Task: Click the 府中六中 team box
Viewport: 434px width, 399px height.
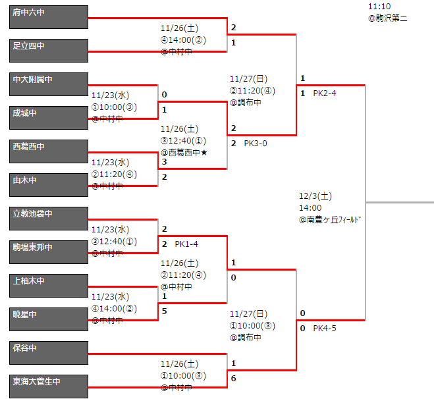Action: pos(49,17)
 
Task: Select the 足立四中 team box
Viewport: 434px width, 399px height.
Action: pos(49,51)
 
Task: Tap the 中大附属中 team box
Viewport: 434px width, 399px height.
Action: pos(49,84)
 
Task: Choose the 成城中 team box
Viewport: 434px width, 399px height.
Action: pos(49,118)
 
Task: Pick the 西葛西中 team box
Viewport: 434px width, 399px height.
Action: pos(49,151)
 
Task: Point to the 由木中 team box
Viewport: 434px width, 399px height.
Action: pos(49,185)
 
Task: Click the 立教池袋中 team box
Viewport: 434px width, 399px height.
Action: pos(49,219)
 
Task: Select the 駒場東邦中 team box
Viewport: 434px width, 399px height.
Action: pos(49,252)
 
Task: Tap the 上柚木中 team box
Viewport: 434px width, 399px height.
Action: pos(49,286)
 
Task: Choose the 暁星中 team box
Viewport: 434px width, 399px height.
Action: pos(49,319)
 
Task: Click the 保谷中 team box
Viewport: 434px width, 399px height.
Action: pos(49,353)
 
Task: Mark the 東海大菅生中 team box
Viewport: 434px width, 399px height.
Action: pos(49,386)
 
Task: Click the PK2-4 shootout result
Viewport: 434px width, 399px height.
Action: pos(325,93)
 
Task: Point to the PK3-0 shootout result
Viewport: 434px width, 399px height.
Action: pos(256,143)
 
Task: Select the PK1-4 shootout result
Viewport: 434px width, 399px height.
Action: pos(186,244)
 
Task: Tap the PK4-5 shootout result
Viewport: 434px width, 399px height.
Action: pos(325,328)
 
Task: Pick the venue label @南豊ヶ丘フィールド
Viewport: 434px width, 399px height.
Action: pos(330,220)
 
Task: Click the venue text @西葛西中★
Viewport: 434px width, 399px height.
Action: pos(188,152)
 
